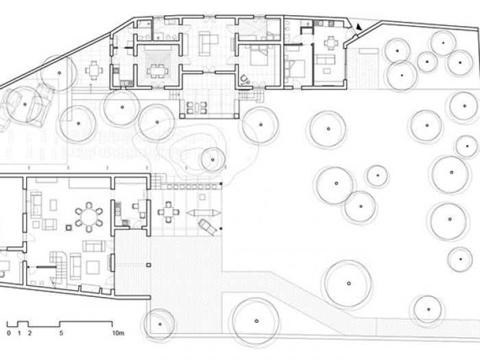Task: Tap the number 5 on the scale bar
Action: click(62, 333)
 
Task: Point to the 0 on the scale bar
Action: click(8, 333)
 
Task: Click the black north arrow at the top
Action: click(357, 27)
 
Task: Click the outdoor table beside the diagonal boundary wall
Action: click(93, 69)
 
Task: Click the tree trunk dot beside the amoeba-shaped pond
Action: click(211, 162)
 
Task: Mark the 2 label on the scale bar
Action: click(29, 333)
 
